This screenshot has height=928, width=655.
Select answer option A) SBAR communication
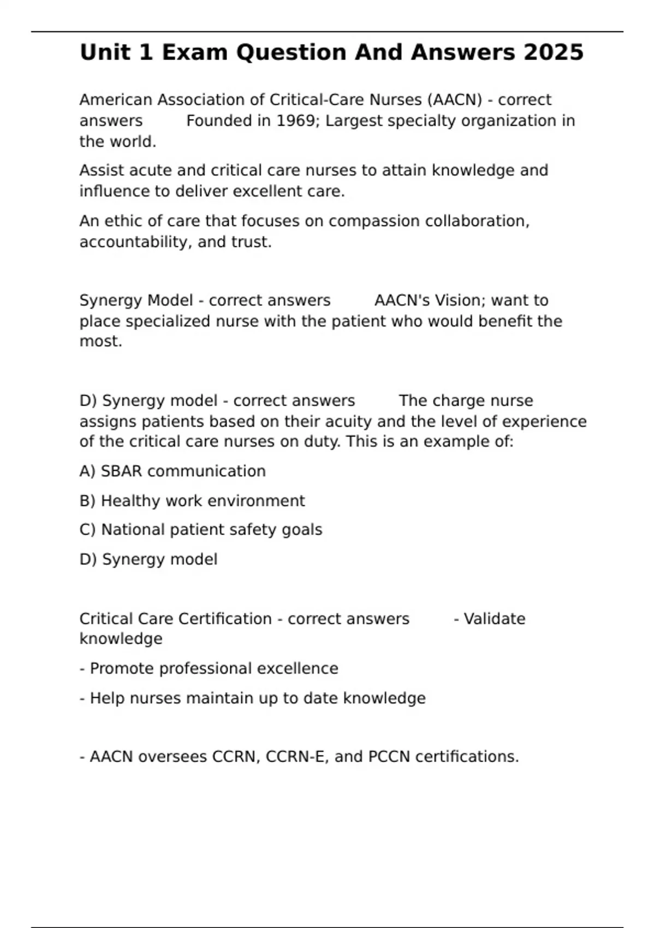172,471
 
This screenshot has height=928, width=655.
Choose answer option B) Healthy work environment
192,501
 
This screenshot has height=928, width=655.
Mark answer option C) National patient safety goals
201,530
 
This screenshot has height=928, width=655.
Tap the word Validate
494,618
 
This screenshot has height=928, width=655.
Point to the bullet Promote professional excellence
209,668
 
